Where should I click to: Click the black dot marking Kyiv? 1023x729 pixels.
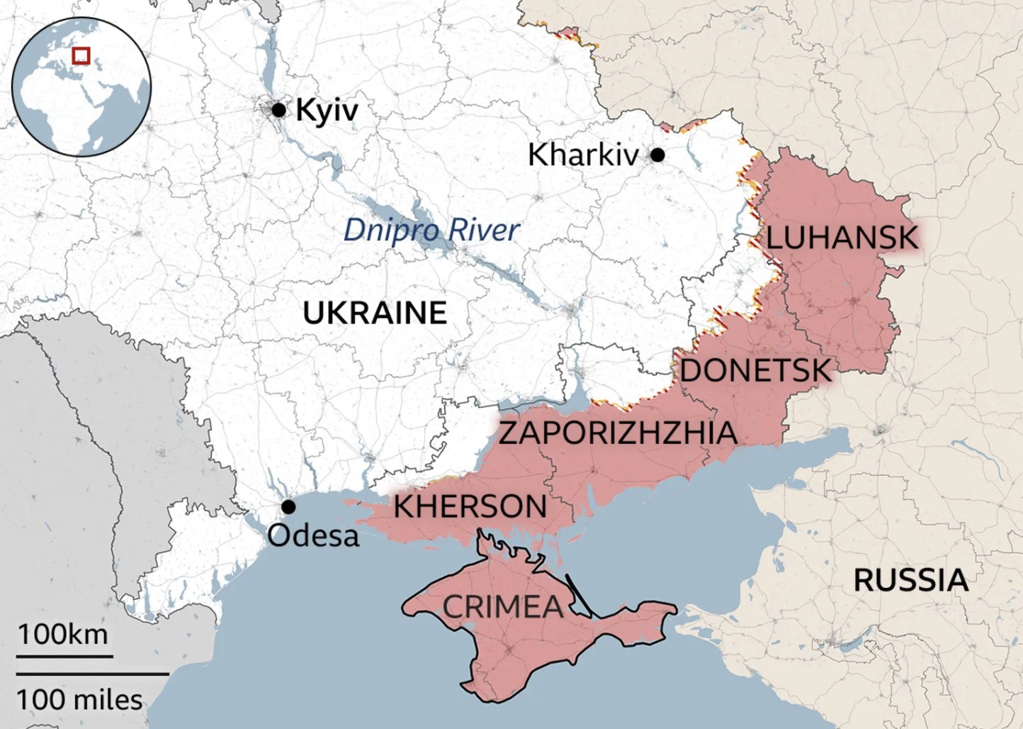[x=278, y=110]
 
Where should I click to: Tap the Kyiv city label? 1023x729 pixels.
[x=327, y=111]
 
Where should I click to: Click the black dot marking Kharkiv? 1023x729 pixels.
[x=657, y=155]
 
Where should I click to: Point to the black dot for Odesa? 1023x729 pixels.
[x=288, y=507]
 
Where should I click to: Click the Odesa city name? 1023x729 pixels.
[x=313, y=535]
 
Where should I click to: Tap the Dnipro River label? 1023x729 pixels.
[x=431, y=230]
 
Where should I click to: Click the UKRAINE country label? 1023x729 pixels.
[x=375, y=313]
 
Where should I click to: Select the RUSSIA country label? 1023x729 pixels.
[x=910, y=581]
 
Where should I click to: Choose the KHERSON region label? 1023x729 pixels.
[x=470, y=507]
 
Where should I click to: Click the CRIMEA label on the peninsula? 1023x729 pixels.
[x=503, y=607]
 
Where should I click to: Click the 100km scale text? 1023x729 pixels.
[x=63, y=634]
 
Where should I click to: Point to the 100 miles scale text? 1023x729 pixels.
[x=79, y=700]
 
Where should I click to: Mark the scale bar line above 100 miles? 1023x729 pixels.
[x=92, y=674]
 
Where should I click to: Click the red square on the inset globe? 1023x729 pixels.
[x=81, y=55]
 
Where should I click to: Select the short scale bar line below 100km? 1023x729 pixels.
[x=64, y=656]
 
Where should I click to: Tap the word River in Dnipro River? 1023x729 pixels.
[x=485, y=230]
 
